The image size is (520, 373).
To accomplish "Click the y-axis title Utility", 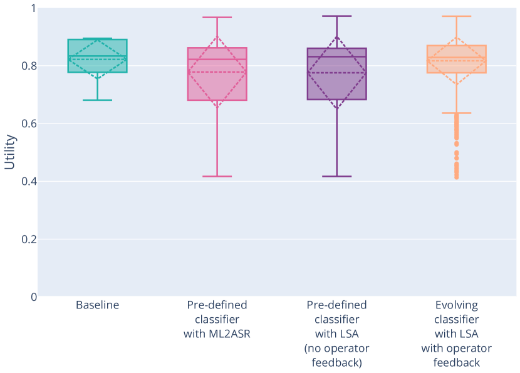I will tap(10, 152).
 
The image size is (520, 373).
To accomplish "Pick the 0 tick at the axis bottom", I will tap(34, 297).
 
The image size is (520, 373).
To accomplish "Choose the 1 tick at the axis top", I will tap(34, 9).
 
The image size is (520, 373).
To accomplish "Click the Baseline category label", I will tap(97, 305).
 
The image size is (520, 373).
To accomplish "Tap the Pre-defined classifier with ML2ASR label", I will tap(217, 319).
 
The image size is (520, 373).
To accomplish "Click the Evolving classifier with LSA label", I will tap(456, 334).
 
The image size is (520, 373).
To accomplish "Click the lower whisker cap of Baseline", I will tap(97, 100).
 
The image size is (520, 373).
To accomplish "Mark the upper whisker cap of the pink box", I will tap(217, 18).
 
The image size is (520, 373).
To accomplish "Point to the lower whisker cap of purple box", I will tap(336, 176).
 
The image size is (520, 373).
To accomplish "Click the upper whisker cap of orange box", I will tap(456, 16).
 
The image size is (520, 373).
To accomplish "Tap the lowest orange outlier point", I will tap(456, 177).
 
